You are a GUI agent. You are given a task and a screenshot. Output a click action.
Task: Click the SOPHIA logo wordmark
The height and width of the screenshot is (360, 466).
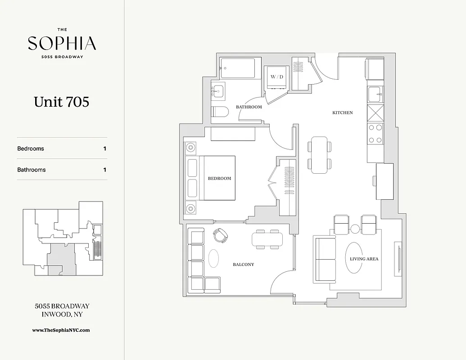click(x=62, y=44)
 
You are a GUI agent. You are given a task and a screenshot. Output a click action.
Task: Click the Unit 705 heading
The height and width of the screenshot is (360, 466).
click(x=62, y=102)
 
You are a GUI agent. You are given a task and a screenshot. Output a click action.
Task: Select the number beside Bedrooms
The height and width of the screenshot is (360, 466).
click(x=105, y=148)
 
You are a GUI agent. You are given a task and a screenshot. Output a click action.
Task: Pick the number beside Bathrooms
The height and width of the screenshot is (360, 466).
click(x=105, y=170)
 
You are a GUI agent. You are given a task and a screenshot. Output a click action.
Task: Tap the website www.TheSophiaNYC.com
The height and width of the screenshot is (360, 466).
click(x=61, y=330)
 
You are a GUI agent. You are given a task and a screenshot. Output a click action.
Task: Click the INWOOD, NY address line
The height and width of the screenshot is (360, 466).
click(x=62, y=315)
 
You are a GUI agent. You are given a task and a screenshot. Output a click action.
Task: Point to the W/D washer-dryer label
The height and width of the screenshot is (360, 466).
click(x=277, y=77)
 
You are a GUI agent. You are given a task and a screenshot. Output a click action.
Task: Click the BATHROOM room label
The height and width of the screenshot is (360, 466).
click(x=249, y=107)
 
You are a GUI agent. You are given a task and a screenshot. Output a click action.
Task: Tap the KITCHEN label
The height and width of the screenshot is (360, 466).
click(x=342, y=112)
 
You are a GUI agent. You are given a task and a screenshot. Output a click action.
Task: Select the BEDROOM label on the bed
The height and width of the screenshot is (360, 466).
click(x=219, y=178)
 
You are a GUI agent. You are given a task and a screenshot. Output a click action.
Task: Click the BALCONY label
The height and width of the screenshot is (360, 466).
click(x=244, y=265)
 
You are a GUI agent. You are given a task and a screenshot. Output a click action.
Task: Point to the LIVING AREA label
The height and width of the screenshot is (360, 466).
click(x=364, y=259)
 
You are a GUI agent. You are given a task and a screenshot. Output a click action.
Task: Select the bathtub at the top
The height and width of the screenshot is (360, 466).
click(x=238, y=68)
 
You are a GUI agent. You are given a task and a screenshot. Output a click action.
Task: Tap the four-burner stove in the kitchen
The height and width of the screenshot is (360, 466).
click(x=376, y=133)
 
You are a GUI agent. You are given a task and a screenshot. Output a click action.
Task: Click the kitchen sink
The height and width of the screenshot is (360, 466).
click(x=375, y=95)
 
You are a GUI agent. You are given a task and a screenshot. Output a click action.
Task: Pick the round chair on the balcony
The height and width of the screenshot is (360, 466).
click(x=221, y=234)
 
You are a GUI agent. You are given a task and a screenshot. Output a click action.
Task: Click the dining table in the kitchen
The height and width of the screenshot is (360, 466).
click(x=320, y=154)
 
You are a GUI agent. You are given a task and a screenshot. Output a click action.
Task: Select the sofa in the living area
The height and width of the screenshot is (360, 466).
click(x=325, y=260)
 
